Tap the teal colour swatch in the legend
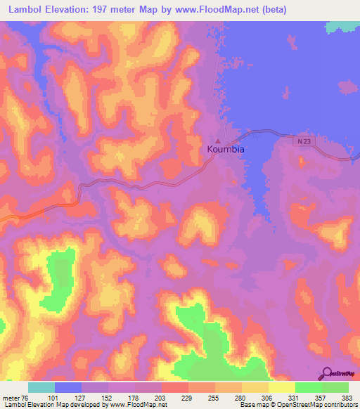[x=41, y=387]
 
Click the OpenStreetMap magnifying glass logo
[x=327, y=375]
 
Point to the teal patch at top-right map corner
[x=346, y=25]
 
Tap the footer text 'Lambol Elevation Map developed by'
[x=53, y=405]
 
